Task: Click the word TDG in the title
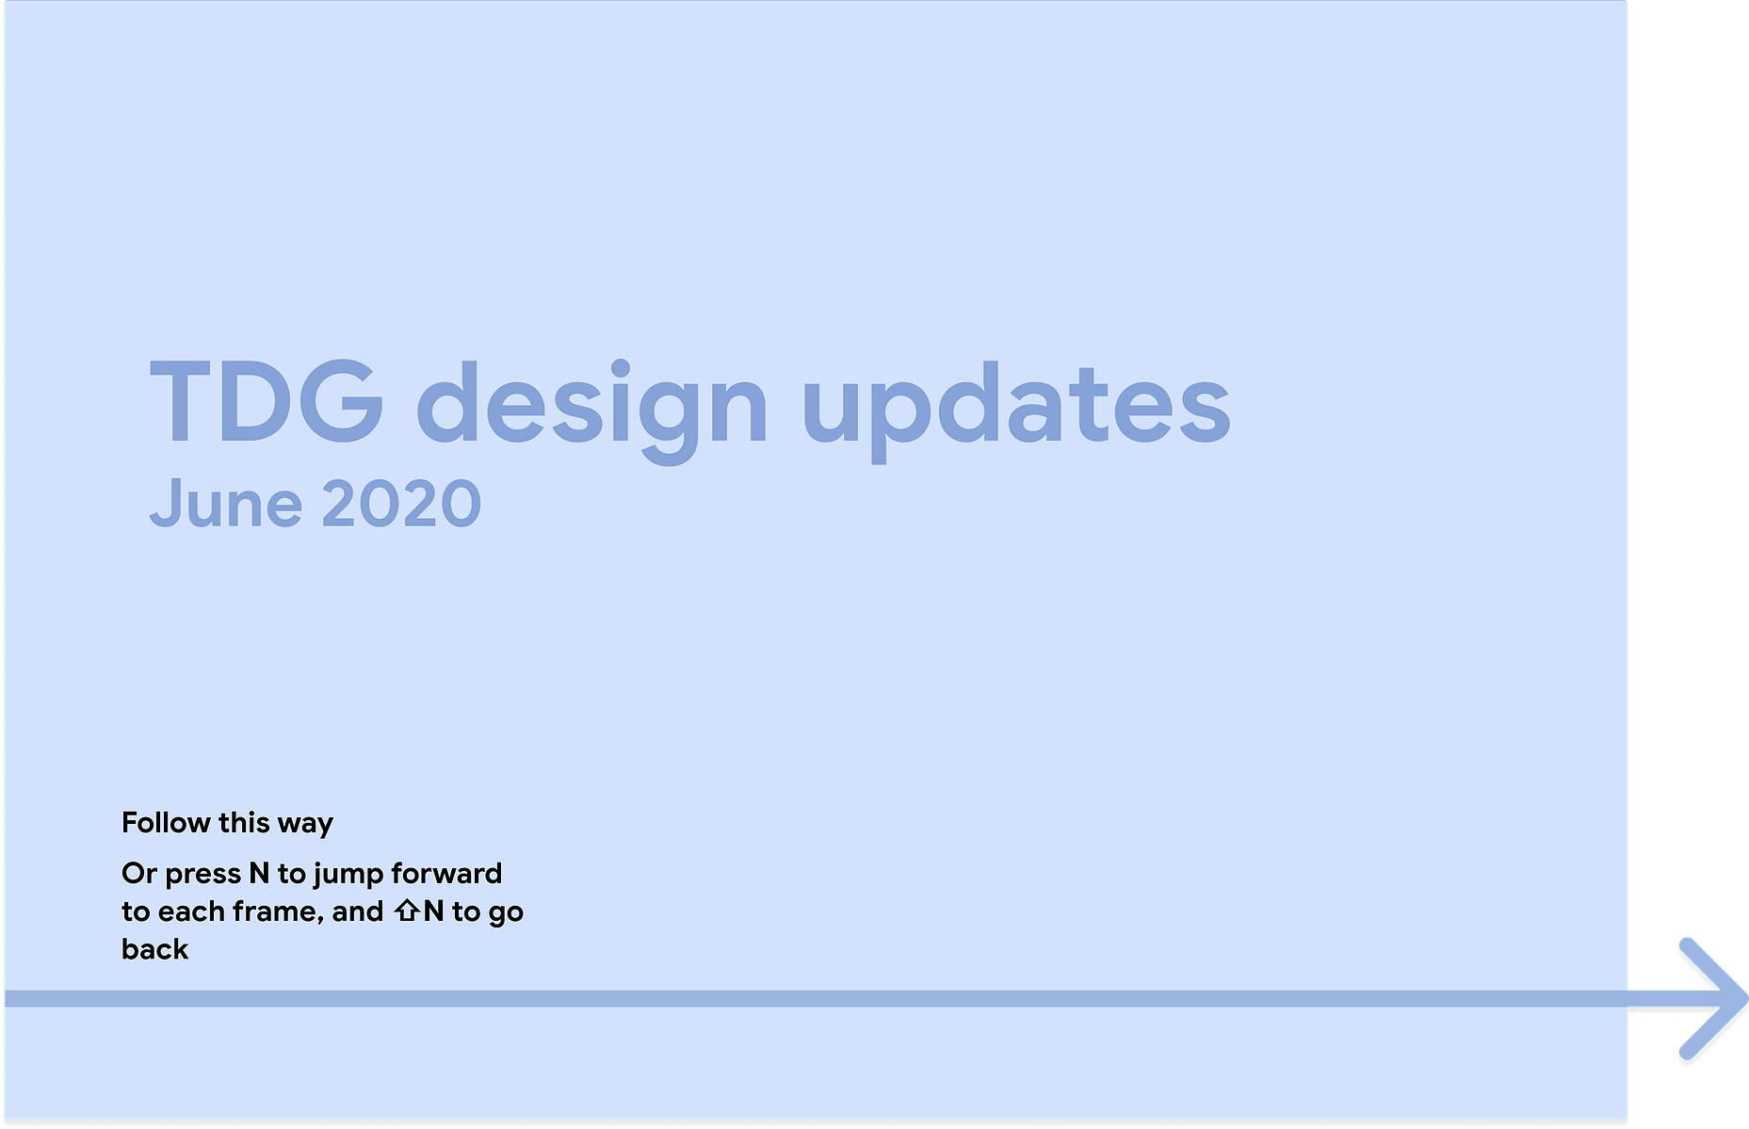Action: click(267, 401)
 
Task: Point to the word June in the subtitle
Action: click(226, 503)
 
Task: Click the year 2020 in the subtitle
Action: click(401, 504)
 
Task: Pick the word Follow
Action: click(166, 822)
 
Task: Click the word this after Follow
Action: click(244, 822)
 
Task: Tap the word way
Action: click(305, 826)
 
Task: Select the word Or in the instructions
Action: click(139, 874)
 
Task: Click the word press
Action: click(202, 876)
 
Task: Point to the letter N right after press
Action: click(259, 873)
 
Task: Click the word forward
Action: click(446, 873)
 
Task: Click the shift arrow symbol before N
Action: click(407, 911)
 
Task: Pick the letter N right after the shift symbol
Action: click(433, 911)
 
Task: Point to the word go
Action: click(506, 915)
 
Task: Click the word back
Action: click(155, 949)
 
